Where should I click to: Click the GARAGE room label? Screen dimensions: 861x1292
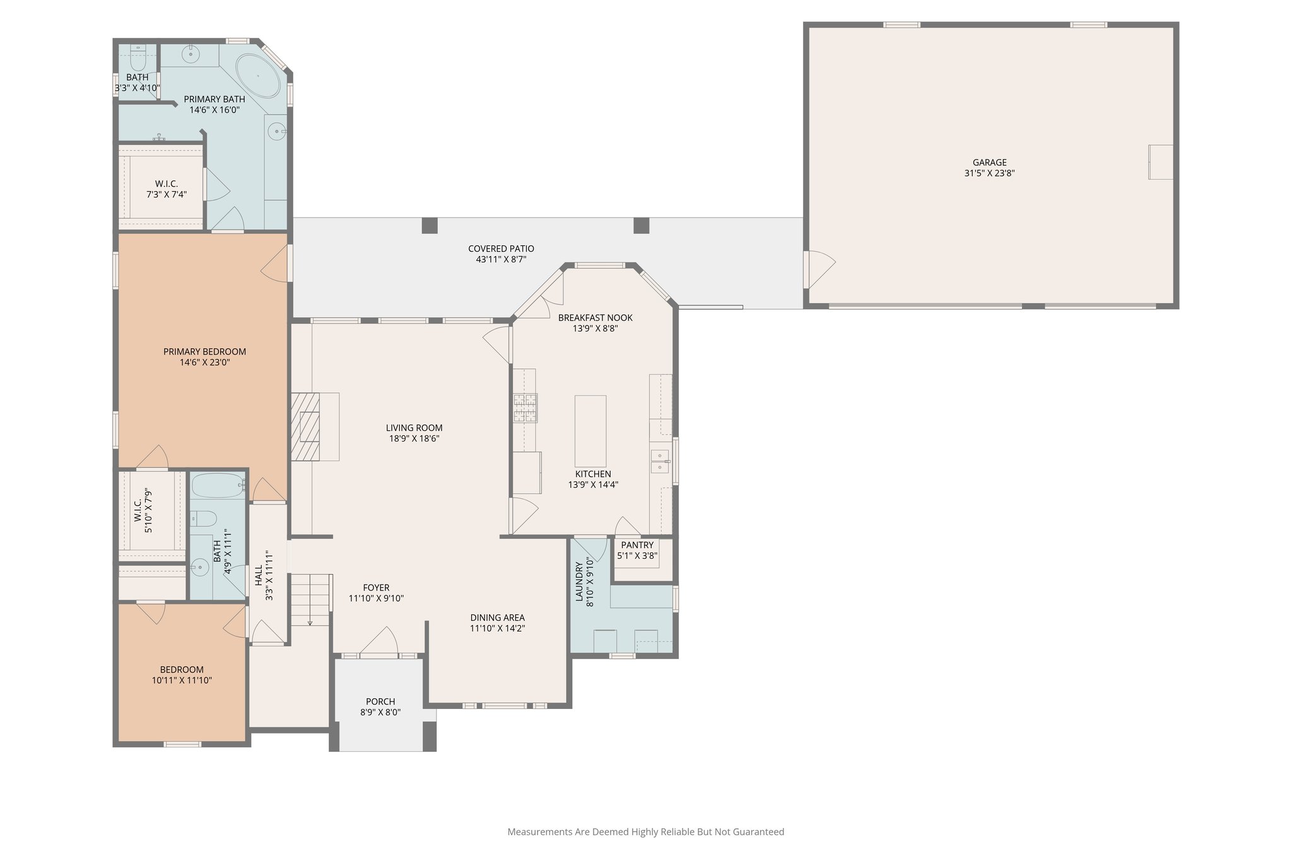tap(989, 163)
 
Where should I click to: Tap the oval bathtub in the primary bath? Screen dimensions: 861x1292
tap(258, 76)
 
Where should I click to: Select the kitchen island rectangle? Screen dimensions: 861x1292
tap(590, 431)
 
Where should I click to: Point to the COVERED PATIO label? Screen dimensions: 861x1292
tap(501, 249)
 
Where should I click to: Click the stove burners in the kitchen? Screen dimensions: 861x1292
tap(525, 407)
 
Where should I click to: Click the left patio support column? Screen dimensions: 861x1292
tap(429, 225)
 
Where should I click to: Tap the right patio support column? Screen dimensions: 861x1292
tap(641, 225)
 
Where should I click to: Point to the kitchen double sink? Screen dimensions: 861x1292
tap(660, 461)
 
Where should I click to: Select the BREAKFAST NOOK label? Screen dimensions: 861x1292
tap(595, 318)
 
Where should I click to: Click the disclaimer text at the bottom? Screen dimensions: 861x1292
tap(645, 832)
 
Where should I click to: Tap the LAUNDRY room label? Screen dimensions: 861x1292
tap(580, 584)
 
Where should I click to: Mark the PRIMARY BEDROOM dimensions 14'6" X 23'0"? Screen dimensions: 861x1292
tap(204, 363)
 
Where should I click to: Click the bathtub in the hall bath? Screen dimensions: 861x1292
tap(217, 486)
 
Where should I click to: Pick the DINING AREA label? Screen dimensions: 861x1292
tap(497, 618)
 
